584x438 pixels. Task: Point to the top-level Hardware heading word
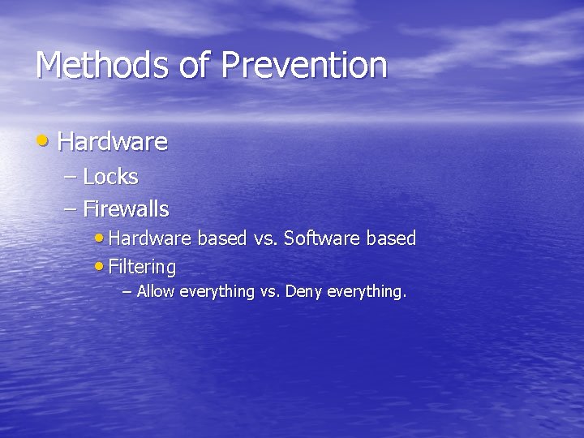click(x=113, y=143)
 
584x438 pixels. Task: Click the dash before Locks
click(x=71, y=177)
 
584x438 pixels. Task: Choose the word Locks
click(x=110, y=177)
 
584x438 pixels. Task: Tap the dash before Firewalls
click(x=71, y=209)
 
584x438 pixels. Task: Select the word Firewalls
click(x=126, y=209)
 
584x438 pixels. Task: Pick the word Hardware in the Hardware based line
click(x=149, y=238)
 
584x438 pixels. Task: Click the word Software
click(x=323, y=238)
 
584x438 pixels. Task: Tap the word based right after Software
click(x=391, y=238)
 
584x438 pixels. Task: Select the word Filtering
click(x=142, y=267)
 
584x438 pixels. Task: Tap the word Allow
click(x=156, y=292)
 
